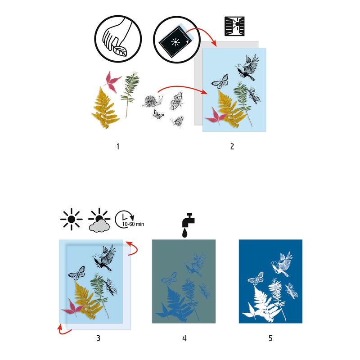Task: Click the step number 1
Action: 118,146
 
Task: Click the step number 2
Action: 232,146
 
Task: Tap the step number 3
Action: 98,337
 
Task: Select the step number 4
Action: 184,337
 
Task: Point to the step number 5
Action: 270,337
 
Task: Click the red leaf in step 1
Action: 113,81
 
